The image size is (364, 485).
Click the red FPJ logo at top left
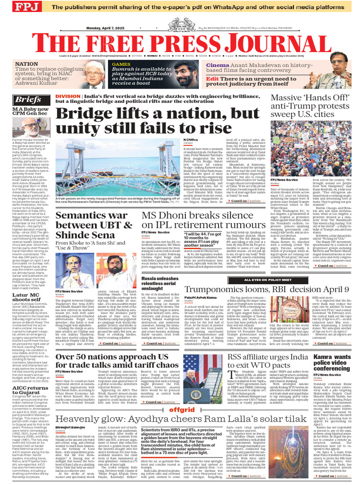(x=14, y=8)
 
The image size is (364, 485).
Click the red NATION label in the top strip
(x=27, y=63)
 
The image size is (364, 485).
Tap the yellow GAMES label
(x=121, y=64)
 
